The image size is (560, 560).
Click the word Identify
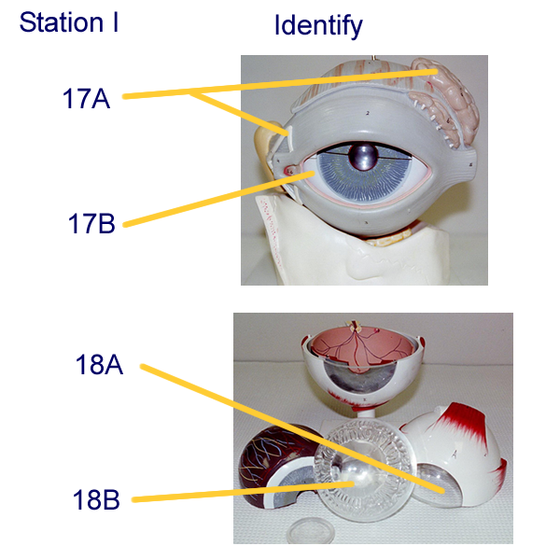coord(317,26)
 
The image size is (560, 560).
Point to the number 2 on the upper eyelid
coord(369,113)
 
